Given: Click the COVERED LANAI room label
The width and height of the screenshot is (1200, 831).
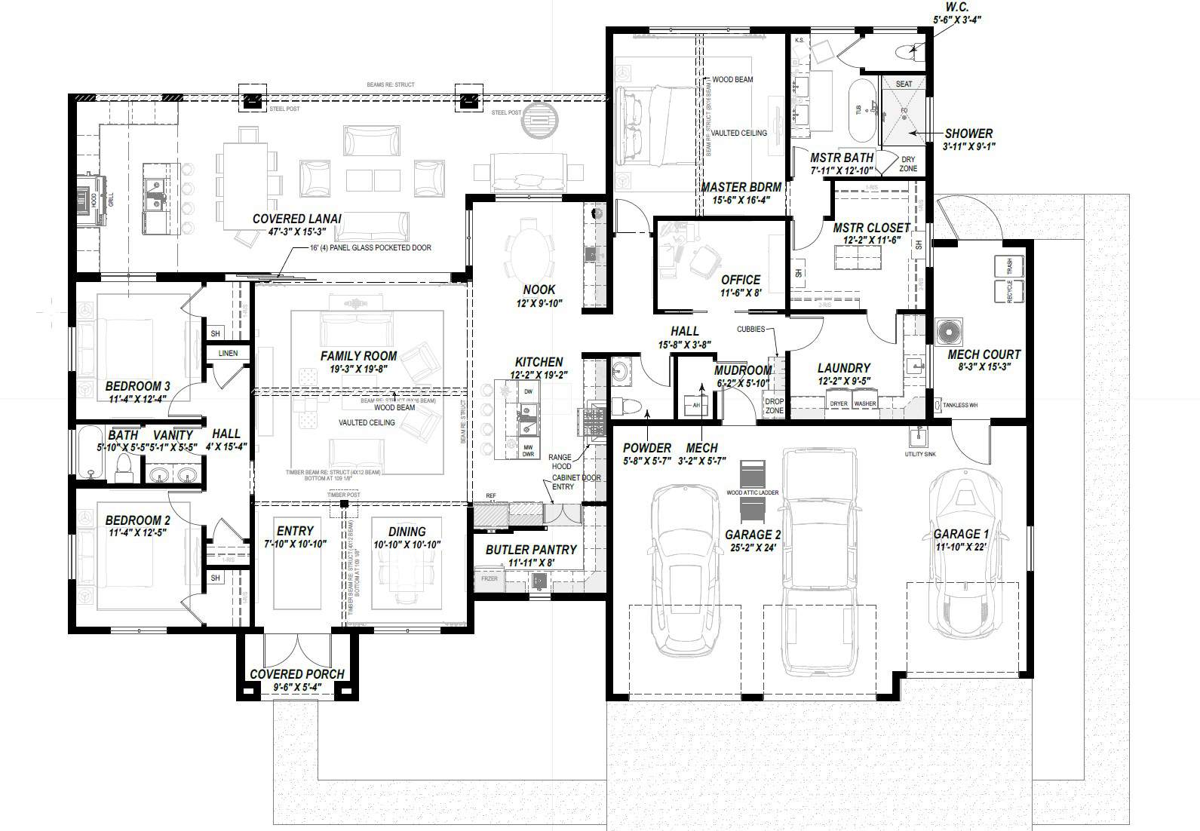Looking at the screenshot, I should click(296, 219).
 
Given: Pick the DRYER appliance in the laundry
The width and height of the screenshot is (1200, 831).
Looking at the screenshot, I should click(839, 403).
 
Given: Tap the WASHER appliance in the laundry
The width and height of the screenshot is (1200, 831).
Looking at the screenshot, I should click(865, 403).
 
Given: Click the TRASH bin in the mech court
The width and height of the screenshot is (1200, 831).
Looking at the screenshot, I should click(1008, 266).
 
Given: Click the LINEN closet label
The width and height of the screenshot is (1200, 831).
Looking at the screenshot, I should click(228, 353).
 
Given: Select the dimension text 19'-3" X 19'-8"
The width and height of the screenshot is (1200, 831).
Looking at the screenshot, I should click(358, 370).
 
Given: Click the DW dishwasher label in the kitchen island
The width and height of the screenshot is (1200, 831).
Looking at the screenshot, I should click(528, 392).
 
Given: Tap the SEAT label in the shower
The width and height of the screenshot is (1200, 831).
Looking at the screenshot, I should click(904, 84).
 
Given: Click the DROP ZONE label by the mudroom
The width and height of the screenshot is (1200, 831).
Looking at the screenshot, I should click(774, 406).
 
